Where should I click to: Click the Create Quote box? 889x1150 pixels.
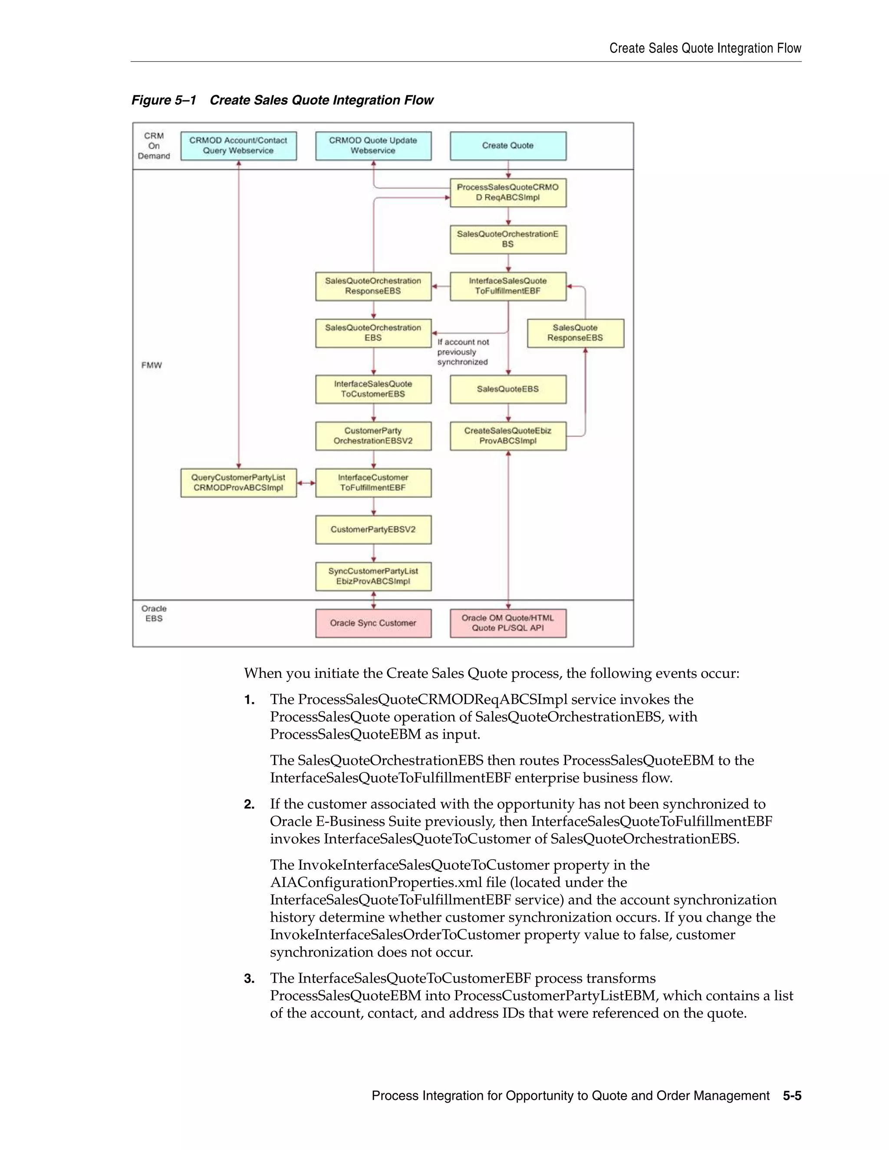tap(508, 146)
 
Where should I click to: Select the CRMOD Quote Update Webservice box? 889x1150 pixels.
tap(373, 146)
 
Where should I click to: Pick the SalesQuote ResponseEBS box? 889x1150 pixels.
tap(575, 333)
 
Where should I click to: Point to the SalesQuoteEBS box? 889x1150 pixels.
tap(508, 389)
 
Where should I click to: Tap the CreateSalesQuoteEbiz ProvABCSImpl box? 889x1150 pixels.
tap(508, 436)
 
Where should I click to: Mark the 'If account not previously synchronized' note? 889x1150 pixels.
tap(462, 352)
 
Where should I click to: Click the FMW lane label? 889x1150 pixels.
tap(151, 365)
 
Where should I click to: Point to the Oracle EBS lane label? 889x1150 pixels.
tap(154, 614)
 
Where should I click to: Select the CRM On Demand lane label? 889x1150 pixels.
tap(154, 146)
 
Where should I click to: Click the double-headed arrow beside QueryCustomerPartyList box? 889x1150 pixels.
tap(306, 483)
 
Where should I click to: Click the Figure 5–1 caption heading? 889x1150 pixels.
tap(282, 100)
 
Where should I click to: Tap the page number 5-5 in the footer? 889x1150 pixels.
tap(792, 1096)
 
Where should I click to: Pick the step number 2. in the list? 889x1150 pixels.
tap(249, 804)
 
